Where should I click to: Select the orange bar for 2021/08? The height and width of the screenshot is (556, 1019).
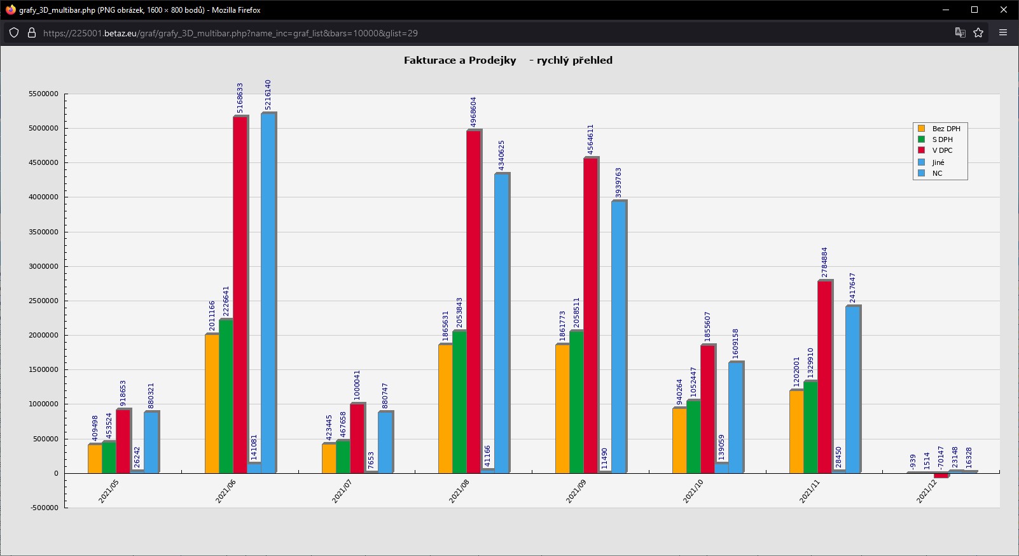coord(445,408)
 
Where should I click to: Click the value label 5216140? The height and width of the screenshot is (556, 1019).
coord(268,95)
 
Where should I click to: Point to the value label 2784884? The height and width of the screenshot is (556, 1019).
coord(824,262)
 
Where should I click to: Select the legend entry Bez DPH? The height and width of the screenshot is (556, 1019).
coord(946,129)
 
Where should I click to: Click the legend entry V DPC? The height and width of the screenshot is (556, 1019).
coord(942,150)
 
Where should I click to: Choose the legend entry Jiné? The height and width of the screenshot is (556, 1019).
coord(938,162)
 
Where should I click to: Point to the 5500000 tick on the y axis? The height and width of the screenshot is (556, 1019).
coord(43,94)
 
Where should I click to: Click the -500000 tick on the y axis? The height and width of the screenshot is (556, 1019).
coord(43,508)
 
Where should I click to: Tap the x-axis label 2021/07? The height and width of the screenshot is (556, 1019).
coord(342,491)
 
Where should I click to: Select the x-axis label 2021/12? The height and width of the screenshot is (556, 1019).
coord(926,491)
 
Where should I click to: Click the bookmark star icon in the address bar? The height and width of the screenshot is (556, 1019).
coord(978,33)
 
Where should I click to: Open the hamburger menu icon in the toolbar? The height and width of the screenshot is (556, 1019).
coord(1003,33)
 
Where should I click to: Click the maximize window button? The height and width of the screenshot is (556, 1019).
coord(974,10)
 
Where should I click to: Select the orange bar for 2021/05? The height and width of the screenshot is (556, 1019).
coord(95,459)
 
